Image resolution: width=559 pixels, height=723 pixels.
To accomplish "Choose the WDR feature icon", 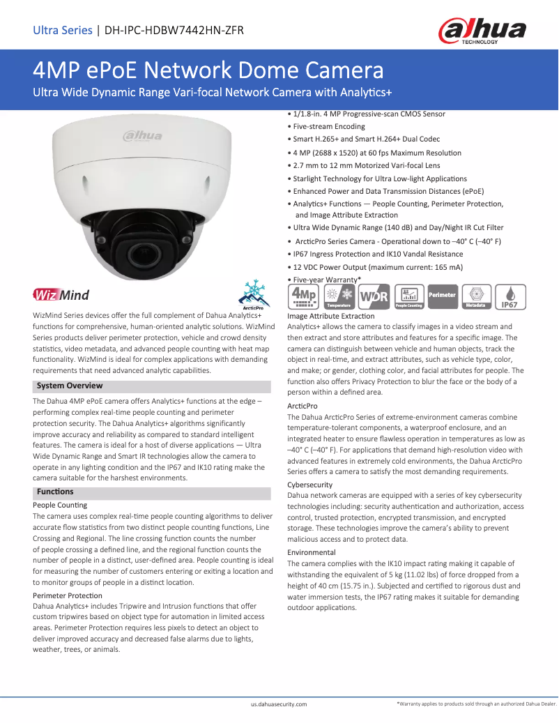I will tap(374, 296).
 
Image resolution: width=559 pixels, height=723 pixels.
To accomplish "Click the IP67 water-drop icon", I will tap(510, 296).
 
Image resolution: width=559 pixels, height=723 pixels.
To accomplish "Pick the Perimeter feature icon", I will tap(442, 296).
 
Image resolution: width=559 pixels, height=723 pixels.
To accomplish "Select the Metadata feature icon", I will tap(476, 296).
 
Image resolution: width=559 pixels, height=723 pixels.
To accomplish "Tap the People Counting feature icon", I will tap(409, 296).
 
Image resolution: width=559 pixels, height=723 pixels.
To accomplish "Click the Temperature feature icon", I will tap(339, 296).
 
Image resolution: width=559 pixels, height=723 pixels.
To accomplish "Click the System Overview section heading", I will tap(70, 386).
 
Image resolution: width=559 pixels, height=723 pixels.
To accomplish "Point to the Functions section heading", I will tap(55, 492).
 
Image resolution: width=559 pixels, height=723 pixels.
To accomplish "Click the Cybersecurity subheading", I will tap(310, 485).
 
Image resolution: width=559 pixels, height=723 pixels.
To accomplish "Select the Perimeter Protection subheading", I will tap(68, 595).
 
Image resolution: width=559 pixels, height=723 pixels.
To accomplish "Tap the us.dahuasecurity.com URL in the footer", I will tap(279, 705).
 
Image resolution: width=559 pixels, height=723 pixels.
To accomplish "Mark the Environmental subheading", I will tap(312, 552).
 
